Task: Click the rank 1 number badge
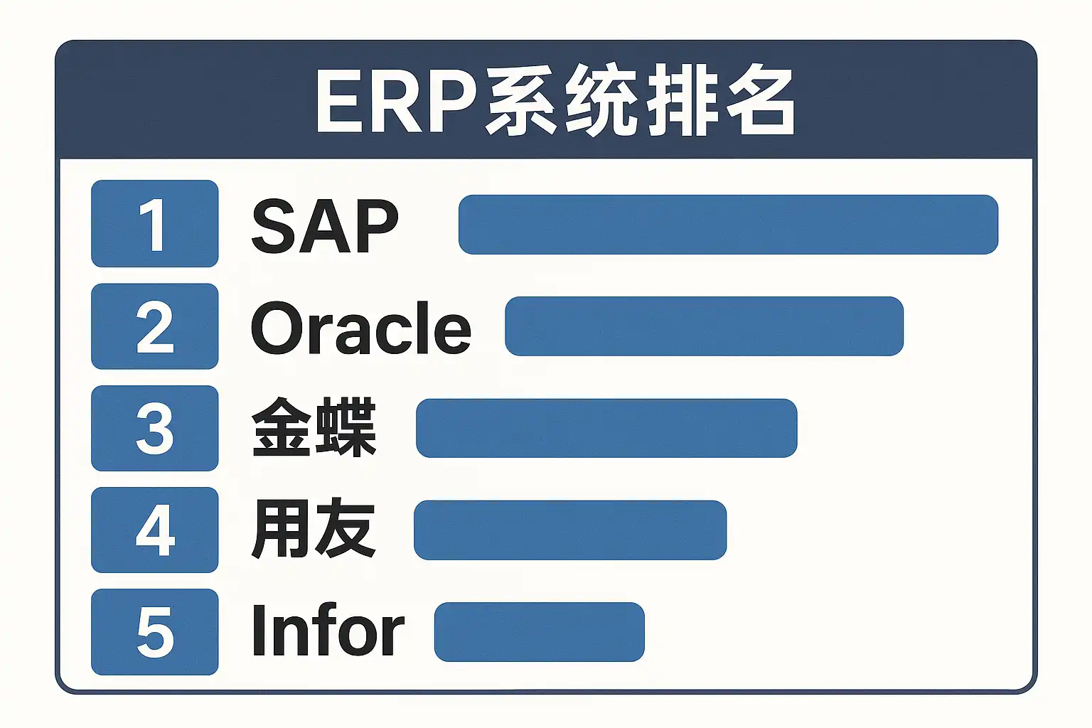pos(154,223)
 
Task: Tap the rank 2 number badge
pos(154,326)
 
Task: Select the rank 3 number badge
pos(154,428)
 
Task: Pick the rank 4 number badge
pos(154,530)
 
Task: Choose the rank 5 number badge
pos(154,632)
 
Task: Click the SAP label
pos(325,226)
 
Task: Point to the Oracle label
pos(360,327)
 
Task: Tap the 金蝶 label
pos(314,427)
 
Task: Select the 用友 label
pos(314,528)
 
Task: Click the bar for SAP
pos(728,224)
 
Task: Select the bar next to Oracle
pos(704,326)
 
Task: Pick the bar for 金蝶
pos(606,428)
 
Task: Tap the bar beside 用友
pos(570,530)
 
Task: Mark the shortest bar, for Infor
pos(539,632)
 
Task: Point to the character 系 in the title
pos(520,100)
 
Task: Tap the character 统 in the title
pos(601,100)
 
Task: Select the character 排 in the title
pos(682,100)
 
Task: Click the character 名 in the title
pos(759,100)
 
